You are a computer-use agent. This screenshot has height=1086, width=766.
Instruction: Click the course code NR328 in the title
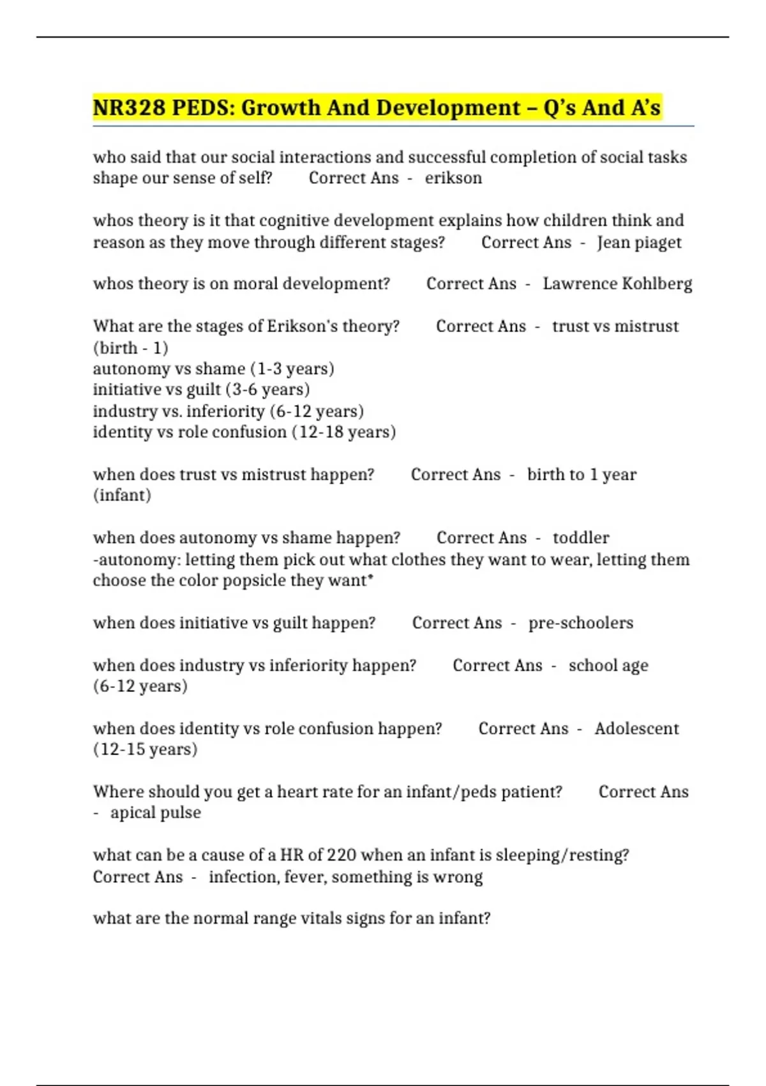tap(129, 108)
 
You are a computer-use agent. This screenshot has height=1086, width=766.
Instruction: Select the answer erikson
tap(453, 178)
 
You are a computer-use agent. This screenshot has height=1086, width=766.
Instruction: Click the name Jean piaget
tap(639, 243)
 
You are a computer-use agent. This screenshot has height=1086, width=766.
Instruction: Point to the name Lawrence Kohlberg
tap(617, 284)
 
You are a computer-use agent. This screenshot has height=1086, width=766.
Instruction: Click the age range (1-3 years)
tap(292, 369)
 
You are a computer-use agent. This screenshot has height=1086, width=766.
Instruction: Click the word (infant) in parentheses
tap(122, 496)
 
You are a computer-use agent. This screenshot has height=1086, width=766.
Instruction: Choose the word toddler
tap(581, 538)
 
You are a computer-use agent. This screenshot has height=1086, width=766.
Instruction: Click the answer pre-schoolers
tap(581, 623)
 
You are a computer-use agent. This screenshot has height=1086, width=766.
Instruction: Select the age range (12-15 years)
tap(146, 749)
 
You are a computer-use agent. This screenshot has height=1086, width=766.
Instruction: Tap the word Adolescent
tap(636, 729)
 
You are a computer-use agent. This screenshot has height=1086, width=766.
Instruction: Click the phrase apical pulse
tap(156, 813)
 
